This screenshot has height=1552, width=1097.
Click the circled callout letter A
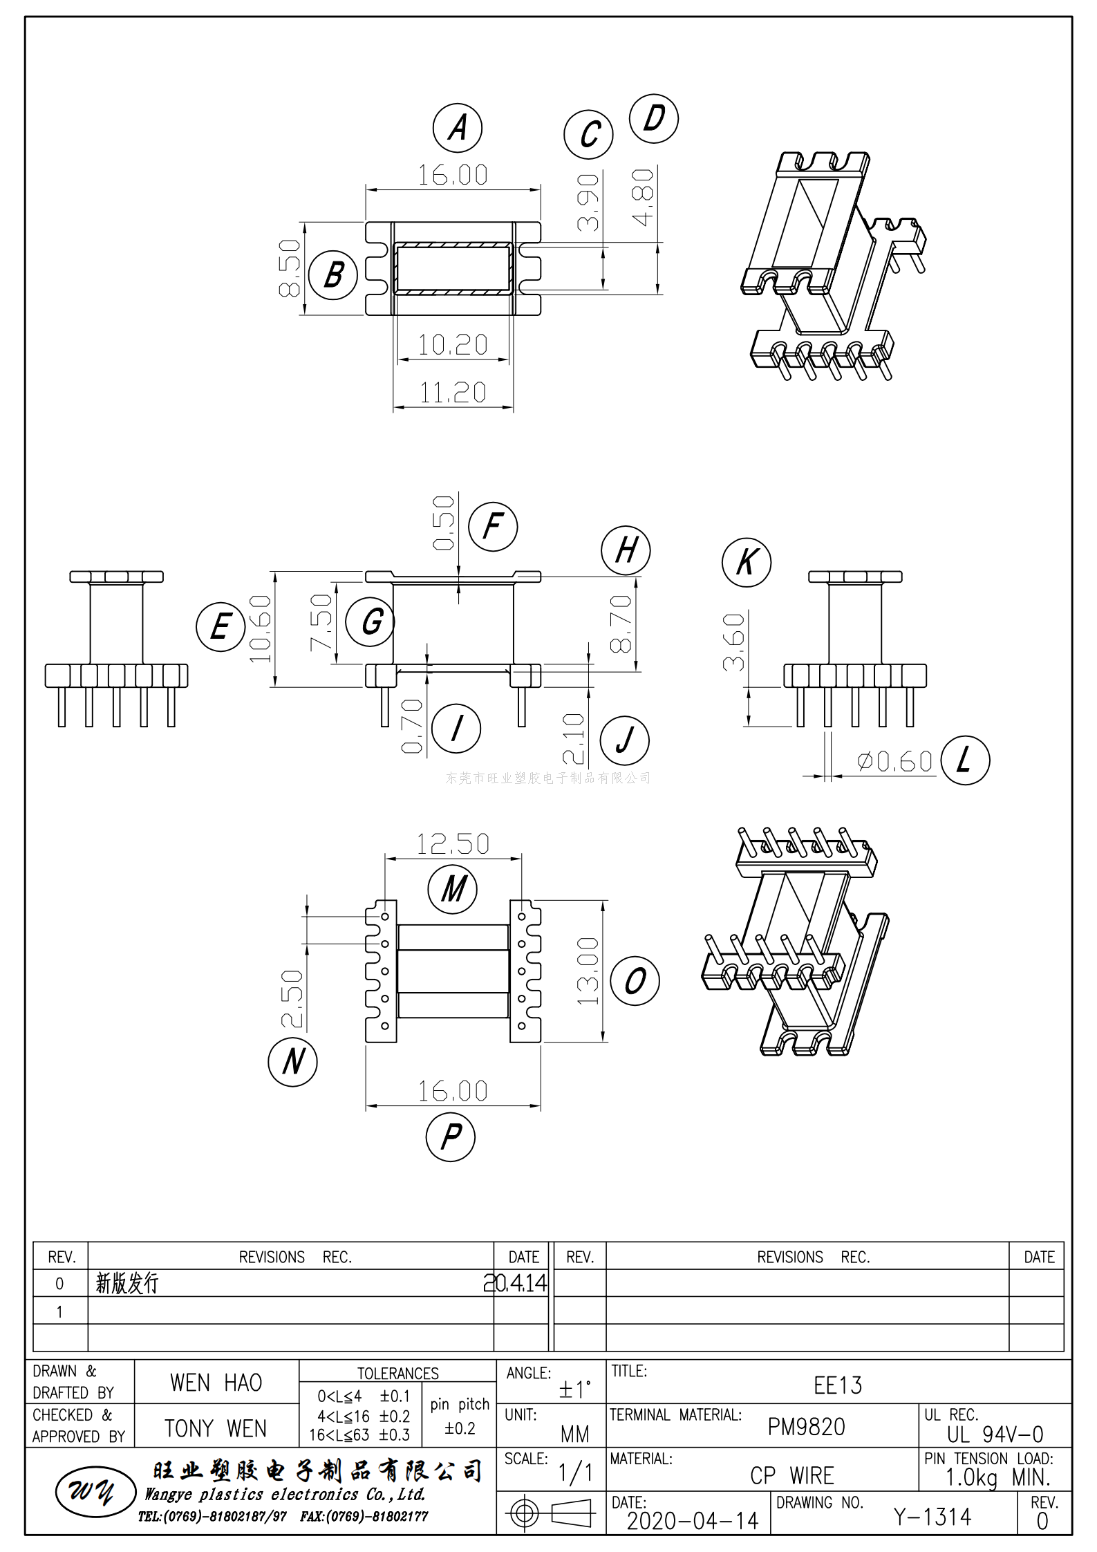[457, 128]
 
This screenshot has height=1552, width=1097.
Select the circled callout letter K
[747, 562]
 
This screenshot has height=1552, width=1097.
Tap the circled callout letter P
[451, 1137]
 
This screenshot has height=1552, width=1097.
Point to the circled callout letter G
[371, 621]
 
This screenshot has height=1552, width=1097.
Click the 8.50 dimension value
[290, 268]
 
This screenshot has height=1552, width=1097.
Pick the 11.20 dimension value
[453, 393]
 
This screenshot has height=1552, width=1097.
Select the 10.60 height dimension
[260, 628]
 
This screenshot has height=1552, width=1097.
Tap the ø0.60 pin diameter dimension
[895, 762]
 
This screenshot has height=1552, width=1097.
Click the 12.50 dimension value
[453, 843]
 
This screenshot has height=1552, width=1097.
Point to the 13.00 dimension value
[588, 971]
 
